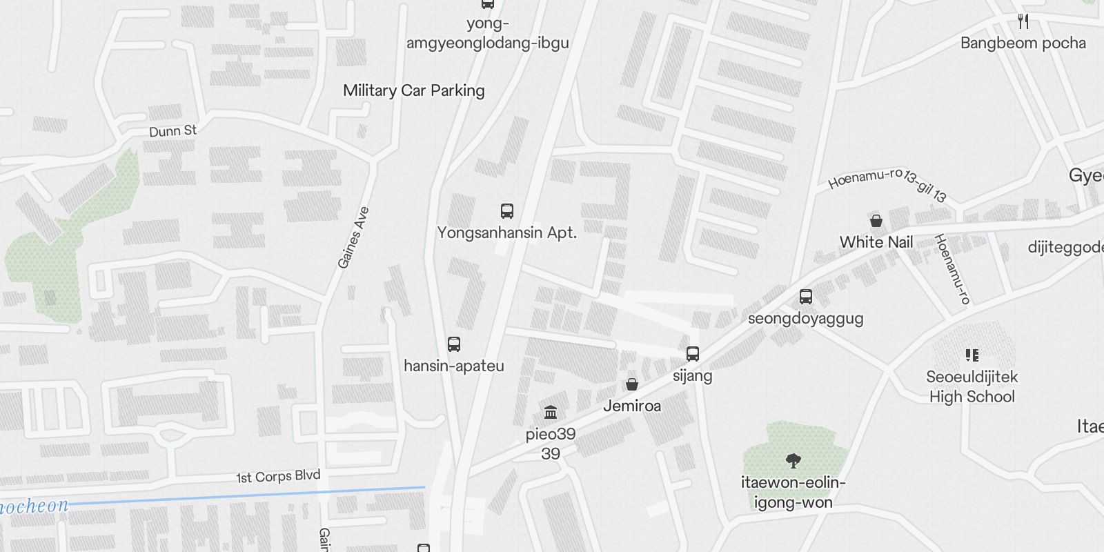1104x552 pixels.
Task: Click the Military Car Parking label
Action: click(413, 90)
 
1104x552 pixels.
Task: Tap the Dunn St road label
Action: click(172, 130)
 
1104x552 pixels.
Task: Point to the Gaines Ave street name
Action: click(353, 237)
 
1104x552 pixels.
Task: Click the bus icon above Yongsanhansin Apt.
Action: click(507, 211)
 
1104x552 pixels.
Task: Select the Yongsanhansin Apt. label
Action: click(507, 233)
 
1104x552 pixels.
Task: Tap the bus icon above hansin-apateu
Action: click(454, 344)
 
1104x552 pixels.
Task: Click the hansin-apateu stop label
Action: click(454, 366)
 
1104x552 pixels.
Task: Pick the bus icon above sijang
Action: click(693, 354)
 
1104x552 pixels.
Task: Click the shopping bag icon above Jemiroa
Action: click(632, 384)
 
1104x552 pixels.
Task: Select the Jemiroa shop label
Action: click(632, 406)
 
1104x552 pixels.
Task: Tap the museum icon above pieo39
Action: click(551, 413)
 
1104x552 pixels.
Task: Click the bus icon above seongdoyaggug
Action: click(806, 297)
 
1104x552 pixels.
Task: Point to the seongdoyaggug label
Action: click(806, 318)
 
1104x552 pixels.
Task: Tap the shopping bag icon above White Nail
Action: click(876, 221)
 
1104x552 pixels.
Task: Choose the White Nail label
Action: click(876, 242)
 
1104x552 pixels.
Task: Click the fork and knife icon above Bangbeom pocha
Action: click(1023, 21)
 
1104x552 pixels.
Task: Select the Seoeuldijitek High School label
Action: click(972, 386)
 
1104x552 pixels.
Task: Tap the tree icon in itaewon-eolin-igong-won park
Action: click(793, 461)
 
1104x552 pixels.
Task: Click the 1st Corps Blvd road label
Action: click(278, 477)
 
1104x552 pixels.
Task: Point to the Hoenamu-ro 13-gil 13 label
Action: click(887, 183)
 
